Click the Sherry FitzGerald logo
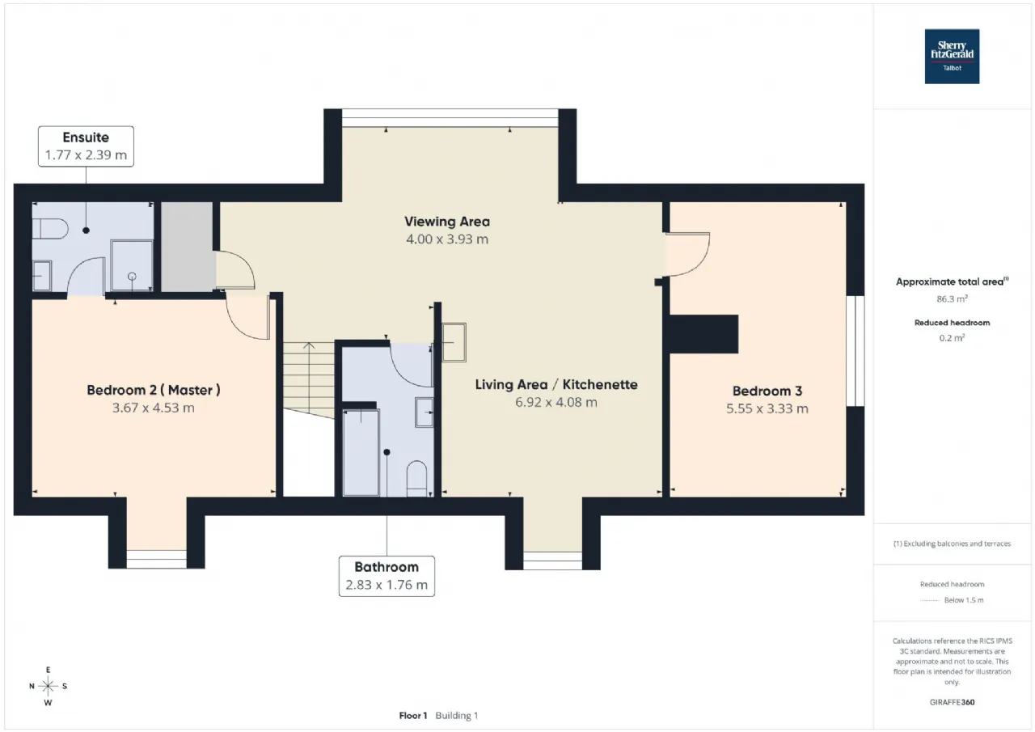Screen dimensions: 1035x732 click(x=952, y=57)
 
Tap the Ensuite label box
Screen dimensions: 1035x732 click(x=86, y=146)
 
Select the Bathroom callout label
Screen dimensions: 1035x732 click(x=387, y=576)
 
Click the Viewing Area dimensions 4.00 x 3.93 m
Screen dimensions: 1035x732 click(x=447, y=239)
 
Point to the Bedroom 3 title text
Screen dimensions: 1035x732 click(x=767, y=391)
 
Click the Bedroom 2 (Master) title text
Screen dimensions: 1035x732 click(x=154, y=390)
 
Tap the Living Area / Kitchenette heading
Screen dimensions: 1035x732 click(x=556, y=384)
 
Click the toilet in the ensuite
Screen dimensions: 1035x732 click(x=50, y=229)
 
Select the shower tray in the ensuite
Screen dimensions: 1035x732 click(x=132, y=265)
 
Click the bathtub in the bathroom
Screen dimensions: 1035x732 click(x=361, y=453)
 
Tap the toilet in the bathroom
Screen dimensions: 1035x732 click(x=416, y=479)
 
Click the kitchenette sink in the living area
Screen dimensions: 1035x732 click(x=454, y=342)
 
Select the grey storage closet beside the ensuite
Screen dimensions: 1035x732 click(x=187, y=247)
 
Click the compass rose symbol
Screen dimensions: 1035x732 click(x=48, y=686)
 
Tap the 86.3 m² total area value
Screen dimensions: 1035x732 click(x=952, y=299)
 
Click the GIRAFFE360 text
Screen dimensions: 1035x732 click(x=952, y=702)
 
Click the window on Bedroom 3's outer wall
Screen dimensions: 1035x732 click(x=855, y=351)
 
